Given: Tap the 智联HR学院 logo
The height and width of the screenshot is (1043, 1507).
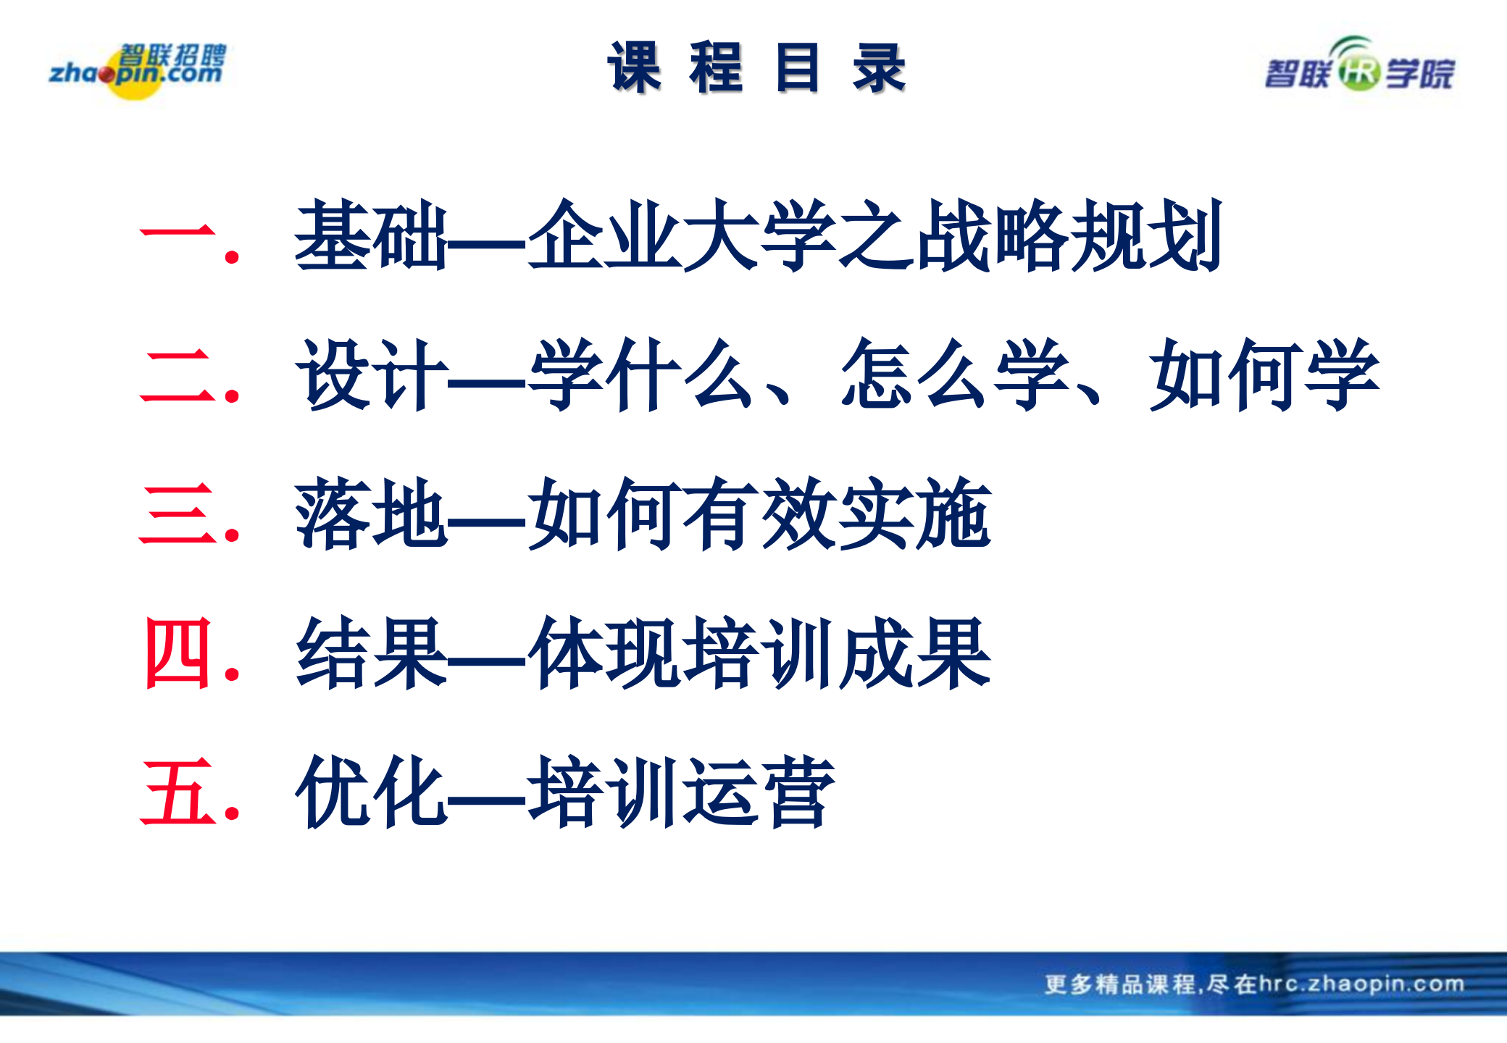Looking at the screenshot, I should click(x=1359, y=69).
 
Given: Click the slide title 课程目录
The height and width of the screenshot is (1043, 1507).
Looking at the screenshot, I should click(x=756, y=68).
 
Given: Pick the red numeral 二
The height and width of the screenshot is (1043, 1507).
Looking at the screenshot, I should click(x=178, y=375).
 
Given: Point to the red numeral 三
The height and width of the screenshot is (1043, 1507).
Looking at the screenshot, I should click(x=178, y=514).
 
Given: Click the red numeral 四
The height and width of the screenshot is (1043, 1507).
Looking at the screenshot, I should click(x=178, y=653).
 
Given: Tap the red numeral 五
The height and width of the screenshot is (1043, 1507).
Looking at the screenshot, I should click(x=178, y=792).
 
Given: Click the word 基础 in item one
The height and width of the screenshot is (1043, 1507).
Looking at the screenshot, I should click(x=371, y=236).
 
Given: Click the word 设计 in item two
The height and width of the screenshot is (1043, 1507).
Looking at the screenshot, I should click(x=371, y=375).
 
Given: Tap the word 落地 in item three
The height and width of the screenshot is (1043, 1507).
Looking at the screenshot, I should click(x=371, y=514).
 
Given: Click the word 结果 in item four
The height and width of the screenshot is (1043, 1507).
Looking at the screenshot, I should click(x=371, y=653).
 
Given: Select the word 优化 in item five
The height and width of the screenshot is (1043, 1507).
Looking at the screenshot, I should click(x=371, y=792).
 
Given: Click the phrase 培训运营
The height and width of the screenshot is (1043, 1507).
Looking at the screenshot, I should click(x=681, y=792).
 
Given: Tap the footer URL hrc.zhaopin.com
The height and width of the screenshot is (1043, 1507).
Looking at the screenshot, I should click(x=1362, y=984).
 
